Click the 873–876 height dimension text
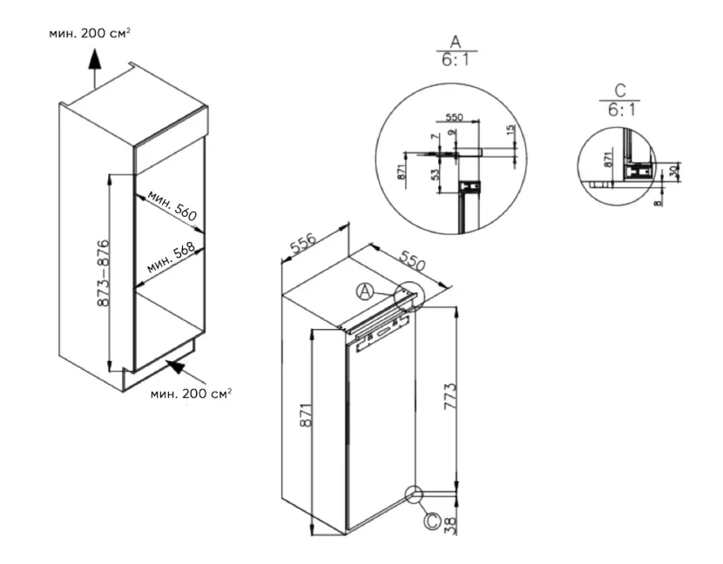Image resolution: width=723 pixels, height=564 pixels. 104,272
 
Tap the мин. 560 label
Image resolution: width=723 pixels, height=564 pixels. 172,205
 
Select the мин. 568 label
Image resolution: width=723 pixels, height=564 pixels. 171,258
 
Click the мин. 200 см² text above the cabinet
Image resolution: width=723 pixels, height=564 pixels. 90,34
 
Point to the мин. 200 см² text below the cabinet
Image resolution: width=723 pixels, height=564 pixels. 191,394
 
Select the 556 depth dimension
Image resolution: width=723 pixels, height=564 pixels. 303,245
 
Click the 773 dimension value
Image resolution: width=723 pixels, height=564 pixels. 449,396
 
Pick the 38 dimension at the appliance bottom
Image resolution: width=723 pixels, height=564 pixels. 449,526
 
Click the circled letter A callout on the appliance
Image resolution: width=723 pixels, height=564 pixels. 365,292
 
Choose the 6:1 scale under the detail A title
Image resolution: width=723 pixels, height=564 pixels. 456,60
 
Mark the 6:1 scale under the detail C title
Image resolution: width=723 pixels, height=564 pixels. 621,110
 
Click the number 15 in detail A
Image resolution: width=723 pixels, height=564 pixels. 510,131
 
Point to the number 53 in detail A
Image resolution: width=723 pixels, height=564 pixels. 435,174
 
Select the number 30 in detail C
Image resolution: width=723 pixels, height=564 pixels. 673,171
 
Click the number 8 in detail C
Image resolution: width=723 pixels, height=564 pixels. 658,202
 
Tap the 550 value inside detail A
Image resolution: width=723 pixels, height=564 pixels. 454,117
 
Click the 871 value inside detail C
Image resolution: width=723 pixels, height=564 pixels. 609,159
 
